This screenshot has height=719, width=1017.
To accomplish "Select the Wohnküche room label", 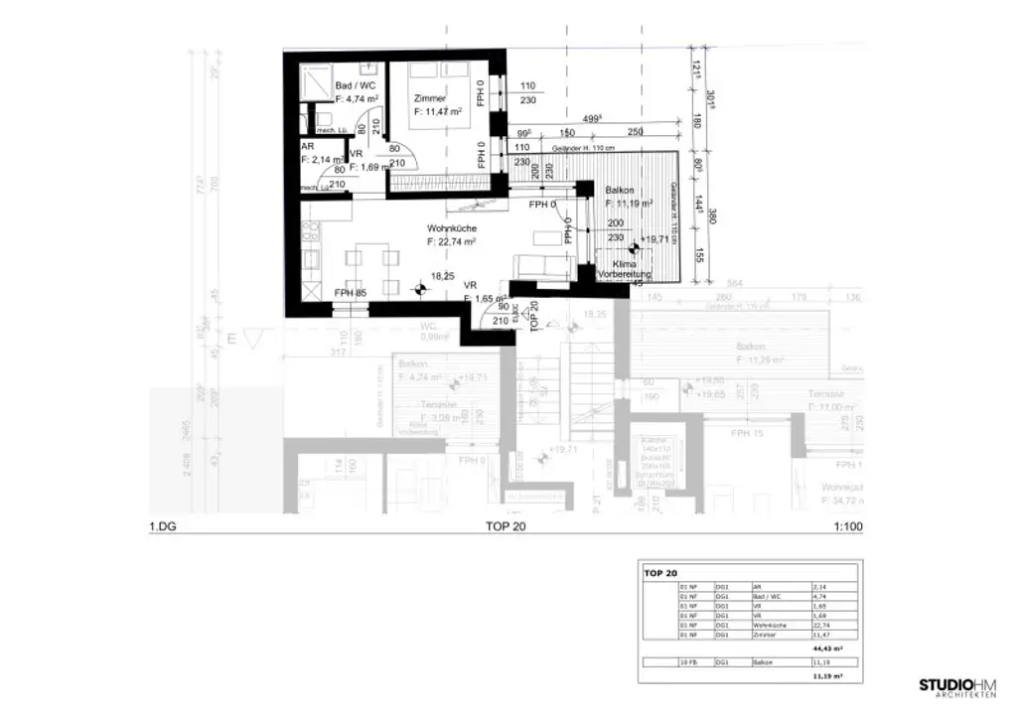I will coord(452,228).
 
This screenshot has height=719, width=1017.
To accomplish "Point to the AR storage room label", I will coord(307,145).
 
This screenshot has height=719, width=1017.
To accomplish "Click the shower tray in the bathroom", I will coord(317,81).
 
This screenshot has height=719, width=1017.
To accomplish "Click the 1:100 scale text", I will coord(847,527).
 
